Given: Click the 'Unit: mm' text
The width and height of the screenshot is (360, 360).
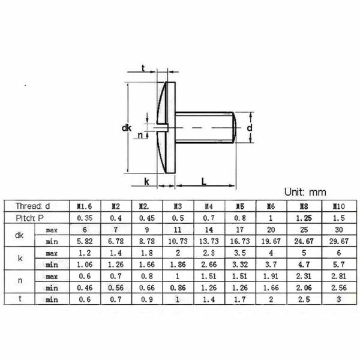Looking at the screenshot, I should [305, 193].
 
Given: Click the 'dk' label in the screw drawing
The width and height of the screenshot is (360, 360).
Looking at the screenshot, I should [126, 128].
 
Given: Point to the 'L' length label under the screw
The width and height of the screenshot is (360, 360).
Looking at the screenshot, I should [204, 181].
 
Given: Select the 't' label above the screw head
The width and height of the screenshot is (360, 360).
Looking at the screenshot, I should [143, 68].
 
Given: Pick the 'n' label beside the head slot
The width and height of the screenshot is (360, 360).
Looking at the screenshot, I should [140, 135].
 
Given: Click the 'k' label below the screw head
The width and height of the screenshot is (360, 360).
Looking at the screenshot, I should [146, 181].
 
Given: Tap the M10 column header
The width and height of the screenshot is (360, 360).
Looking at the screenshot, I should [338, 206].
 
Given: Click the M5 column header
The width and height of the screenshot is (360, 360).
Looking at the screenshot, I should [239, 206].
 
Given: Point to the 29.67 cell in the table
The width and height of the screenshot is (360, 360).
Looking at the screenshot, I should [338, 241].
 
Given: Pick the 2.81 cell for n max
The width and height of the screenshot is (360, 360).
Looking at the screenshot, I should [338, 275].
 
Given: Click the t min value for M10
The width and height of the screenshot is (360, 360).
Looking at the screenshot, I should [338, 299].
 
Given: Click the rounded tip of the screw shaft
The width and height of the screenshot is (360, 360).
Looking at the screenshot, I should [235, 127].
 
